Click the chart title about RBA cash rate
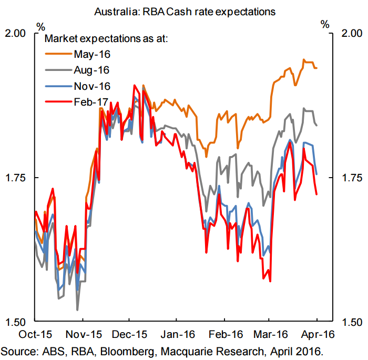[x=185, y=12]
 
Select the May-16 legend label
[x=92, y=55]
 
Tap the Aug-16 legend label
[x=91, y=70]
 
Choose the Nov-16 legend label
[x=92, y=86]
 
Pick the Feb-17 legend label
[x=91, y=102]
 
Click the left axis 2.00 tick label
[x=15, y=33]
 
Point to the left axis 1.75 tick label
[x=15, y=178]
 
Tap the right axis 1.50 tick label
[x=352, y=322]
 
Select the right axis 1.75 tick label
[x=352, y=178]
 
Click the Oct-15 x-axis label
[x=35, y=334]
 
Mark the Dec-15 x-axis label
[x=129, y=334]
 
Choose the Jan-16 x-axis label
[x=178, y=334]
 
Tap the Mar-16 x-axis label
[x=271, y=334]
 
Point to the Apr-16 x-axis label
[x=318, y=334]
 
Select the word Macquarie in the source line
[x=186, y=352]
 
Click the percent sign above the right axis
[x=325, y=24]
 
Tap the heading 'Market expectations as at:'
[x=106, y=39]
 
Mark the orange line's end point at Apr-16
[x=317, y=68]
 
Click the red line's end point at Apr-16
[x=317, y=194]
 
